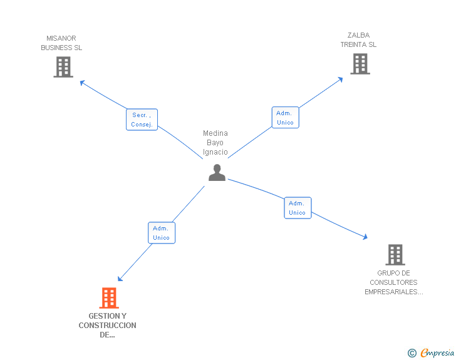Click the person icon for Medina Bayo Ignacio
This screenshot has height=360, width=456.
click(x=217, y=173)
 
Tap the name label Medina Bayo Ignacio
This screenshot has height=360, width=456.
click(x=215, y=143)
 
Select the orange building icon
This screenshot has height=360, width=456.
click(x=109, y=298)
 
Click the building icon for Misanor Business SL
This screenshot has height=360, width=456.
click(x=63, y=67)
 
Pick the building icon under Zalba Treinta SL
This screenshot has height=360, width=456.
click(x=360, y=64)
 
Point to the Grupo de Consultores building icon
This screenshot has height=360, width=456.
click(x=395, y=255)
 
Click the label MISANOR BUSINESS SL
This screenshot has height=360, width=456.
click(x=61, y=43)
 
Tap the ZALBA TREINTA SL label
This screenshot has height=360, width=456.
click(x=358, y=40)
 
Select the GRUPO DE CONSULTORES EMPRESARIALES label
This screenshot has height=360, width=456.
click(x=394, y=282)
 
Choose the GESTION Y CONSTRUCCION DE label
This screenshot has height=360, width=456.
click(x=107, y=325)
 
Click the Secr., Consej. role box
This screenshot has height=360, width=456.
click(x=142, y=120)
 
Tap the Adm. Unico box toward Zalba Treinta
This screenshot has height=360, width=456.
click(x=285, y=118)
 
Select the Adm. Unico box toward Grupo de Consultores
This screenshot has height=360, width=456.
click(x=297, y=208)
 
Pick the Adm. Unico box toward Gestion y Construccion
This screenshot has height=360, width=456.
click(x=161, y=233)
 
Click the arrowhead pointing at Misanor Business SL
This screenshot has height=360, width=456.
click(x=81, y=81)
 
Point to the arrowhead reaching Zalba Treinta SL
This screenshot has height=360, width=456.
click(x=341, y=79)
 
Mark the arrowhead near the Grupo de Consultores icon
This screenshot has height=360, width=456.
click(x=365, y=237)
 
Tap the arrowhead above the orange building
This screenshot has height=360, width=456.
click(x=120, y=279)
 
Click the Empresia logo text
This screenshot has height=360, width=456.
click(x=437, y=353)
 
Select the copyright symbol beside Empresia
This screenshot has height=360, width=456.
click(x=412, y=354)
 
